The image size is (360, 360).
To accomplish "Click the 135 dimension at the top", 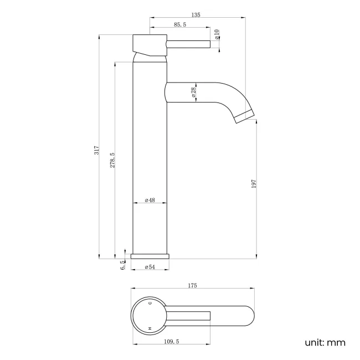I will point(196,16).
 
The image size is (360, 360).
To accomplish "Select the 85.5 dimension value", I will point(179,25).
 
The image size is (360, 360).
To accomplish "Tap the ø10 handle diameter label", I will point(217,34).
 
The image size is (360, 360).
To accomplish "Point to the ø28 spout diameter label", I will point(194,92).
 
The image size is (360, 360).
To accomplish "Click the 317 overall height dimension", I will point(96,150).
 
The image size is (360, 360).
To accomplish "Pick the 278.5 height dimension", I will point(112,161).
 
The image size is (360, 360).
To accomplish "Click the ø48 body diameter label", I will point(150,199).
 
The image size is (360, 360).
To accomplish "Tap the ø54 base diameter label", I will point(150,268).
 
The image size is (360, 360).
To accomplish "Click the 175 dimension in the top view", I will point(192,286).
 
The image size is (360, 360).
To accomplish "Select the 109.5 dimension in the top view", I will point(171,342).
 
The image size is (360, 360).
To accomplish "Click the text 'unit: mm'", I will point(325,342).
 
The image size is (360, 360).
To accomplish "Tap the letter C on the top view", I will point(150,304).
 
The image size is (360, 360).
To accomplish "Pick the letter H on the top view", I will point(150,329).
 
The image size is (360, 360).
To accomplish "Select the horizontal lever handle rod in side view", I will point(188,44).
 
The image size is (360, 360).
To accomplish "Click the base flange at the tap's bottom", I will point(150,256).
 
